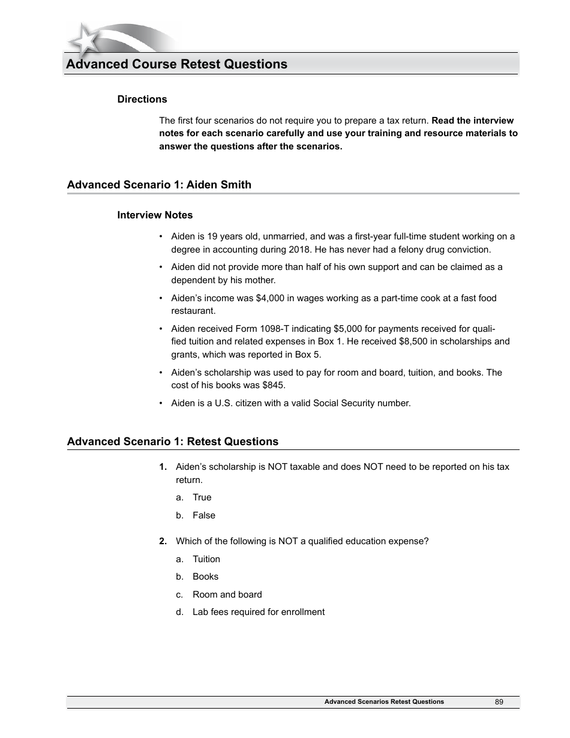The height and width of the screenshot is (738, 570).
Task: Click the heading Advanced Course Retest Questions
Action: [176, 64]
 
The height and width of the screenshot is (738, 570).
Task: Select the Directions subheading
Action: [142, 99]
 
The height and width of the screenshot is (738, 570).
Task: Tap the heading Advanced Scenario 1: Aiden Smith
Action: [159, 185]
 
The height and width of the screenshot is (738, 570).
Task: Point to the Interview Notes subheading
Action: [155, 215]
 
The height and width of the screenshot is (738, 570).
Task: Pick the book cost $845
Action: [274, 385]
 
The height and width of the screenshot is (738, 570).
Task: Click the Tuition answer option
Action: [206, 559]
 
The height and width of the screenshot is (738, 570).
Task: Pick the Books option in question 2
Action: [205, 577]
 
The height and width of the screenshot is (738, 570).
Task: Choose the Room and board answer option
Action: [227, 595]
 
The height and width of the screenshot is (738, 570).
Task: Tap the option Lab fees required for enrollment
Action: [258, 612]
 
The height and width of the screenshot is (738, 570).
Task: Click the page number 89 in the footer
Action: [499, 702]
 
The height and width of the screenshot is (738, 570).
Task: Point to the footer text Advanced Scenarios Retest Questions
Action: [384, 702]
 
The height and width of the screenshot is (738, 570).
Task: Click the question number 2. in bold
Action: [163, 541]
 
